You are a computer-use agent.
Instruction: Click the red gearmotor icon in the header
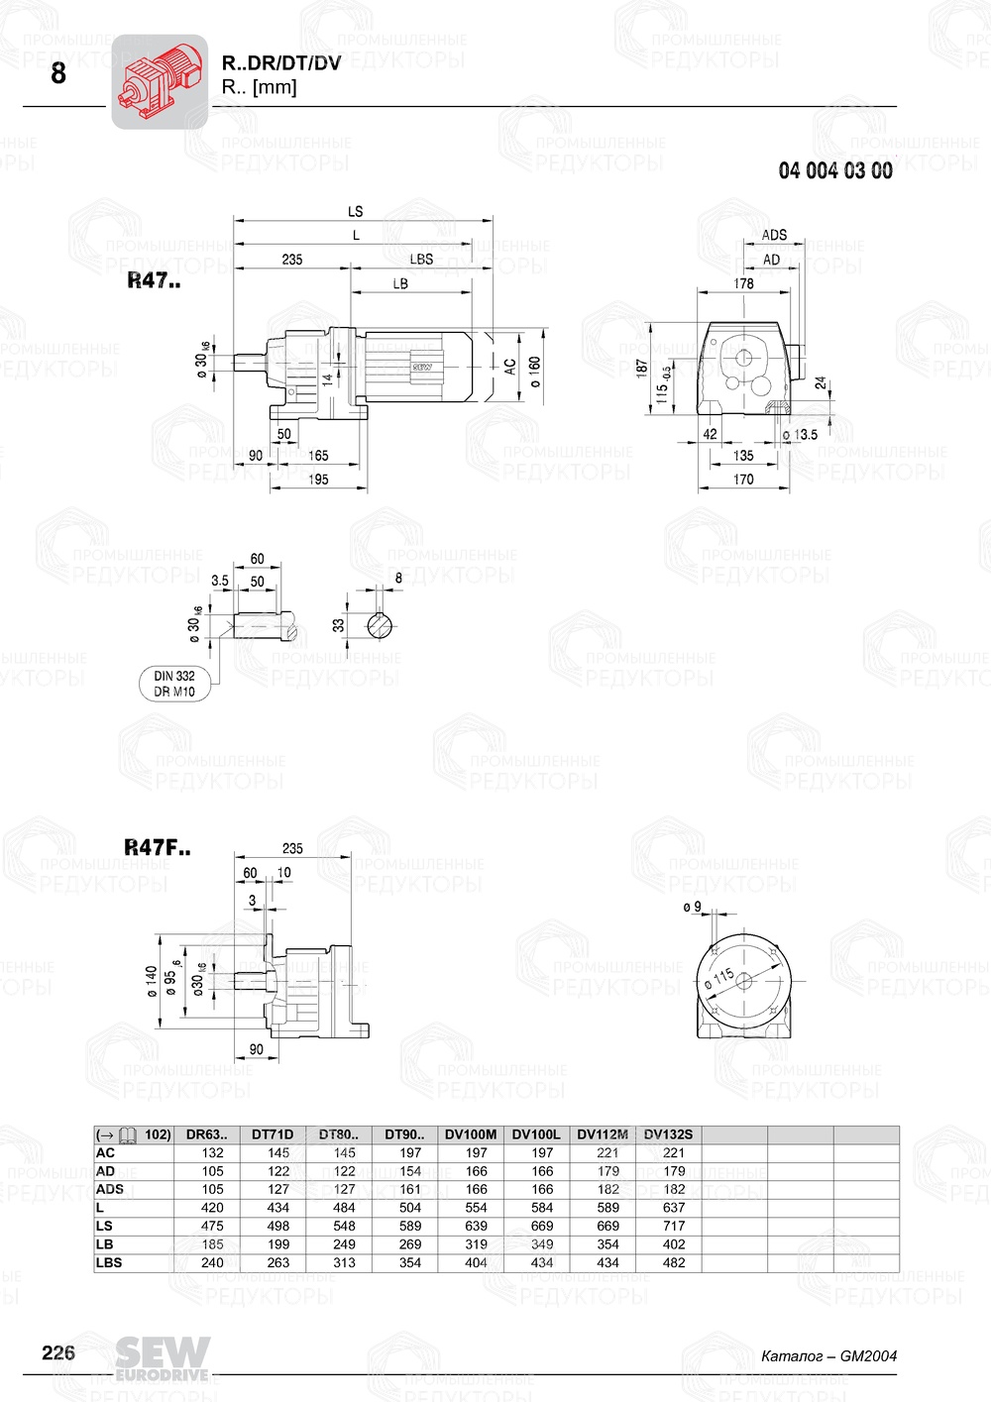(x=159, y=81)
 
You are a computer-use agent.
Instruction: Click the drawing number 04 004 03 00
(x=834, y=170)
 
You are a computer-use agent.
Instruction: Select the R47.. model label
(x=154, y=280)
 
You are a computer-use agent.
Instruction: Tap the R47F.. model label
(x=158, y=847)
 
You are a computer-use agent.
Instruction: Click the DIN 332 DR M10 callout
(x=174, y=684)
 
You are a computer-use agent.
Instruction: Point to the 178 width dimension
(x=743, y=283)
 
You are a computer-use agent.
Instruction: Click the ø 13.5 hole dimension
(x=800, y=434)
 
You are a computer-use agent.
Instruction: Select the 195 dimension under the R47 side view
(x=318, y=479)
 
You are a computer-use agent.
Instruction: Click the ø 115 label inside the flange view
(x=720, y=979)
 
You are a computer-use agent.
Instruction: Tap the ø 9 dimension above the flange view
(x=692, y=907)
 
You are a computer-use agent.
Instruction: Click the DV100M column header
(x=471, y=1134)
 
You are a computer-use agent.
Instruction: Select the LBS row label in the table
(x=109, y=1262)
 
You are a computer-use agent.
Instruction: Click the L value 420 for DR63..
(x=212, y=1208)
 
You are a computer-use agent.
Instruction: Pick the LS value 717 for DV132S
(x=674, y=1226)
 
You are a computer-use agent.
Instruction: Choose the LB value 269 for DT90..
(x=410, y=1244)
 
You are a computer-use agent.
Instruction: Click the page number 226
(x=58, y=1352)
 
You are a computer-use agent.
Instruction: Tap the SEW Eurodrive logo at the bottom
(x=163, y=1357)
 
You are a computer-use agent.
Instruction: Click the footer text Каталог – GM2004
(x=828, y=1355)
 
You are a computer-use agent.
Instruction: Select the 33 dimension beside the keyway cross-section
(x=339, y=625)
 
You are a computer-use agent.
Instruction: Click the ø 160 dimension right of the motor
(x=535, y=372)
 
